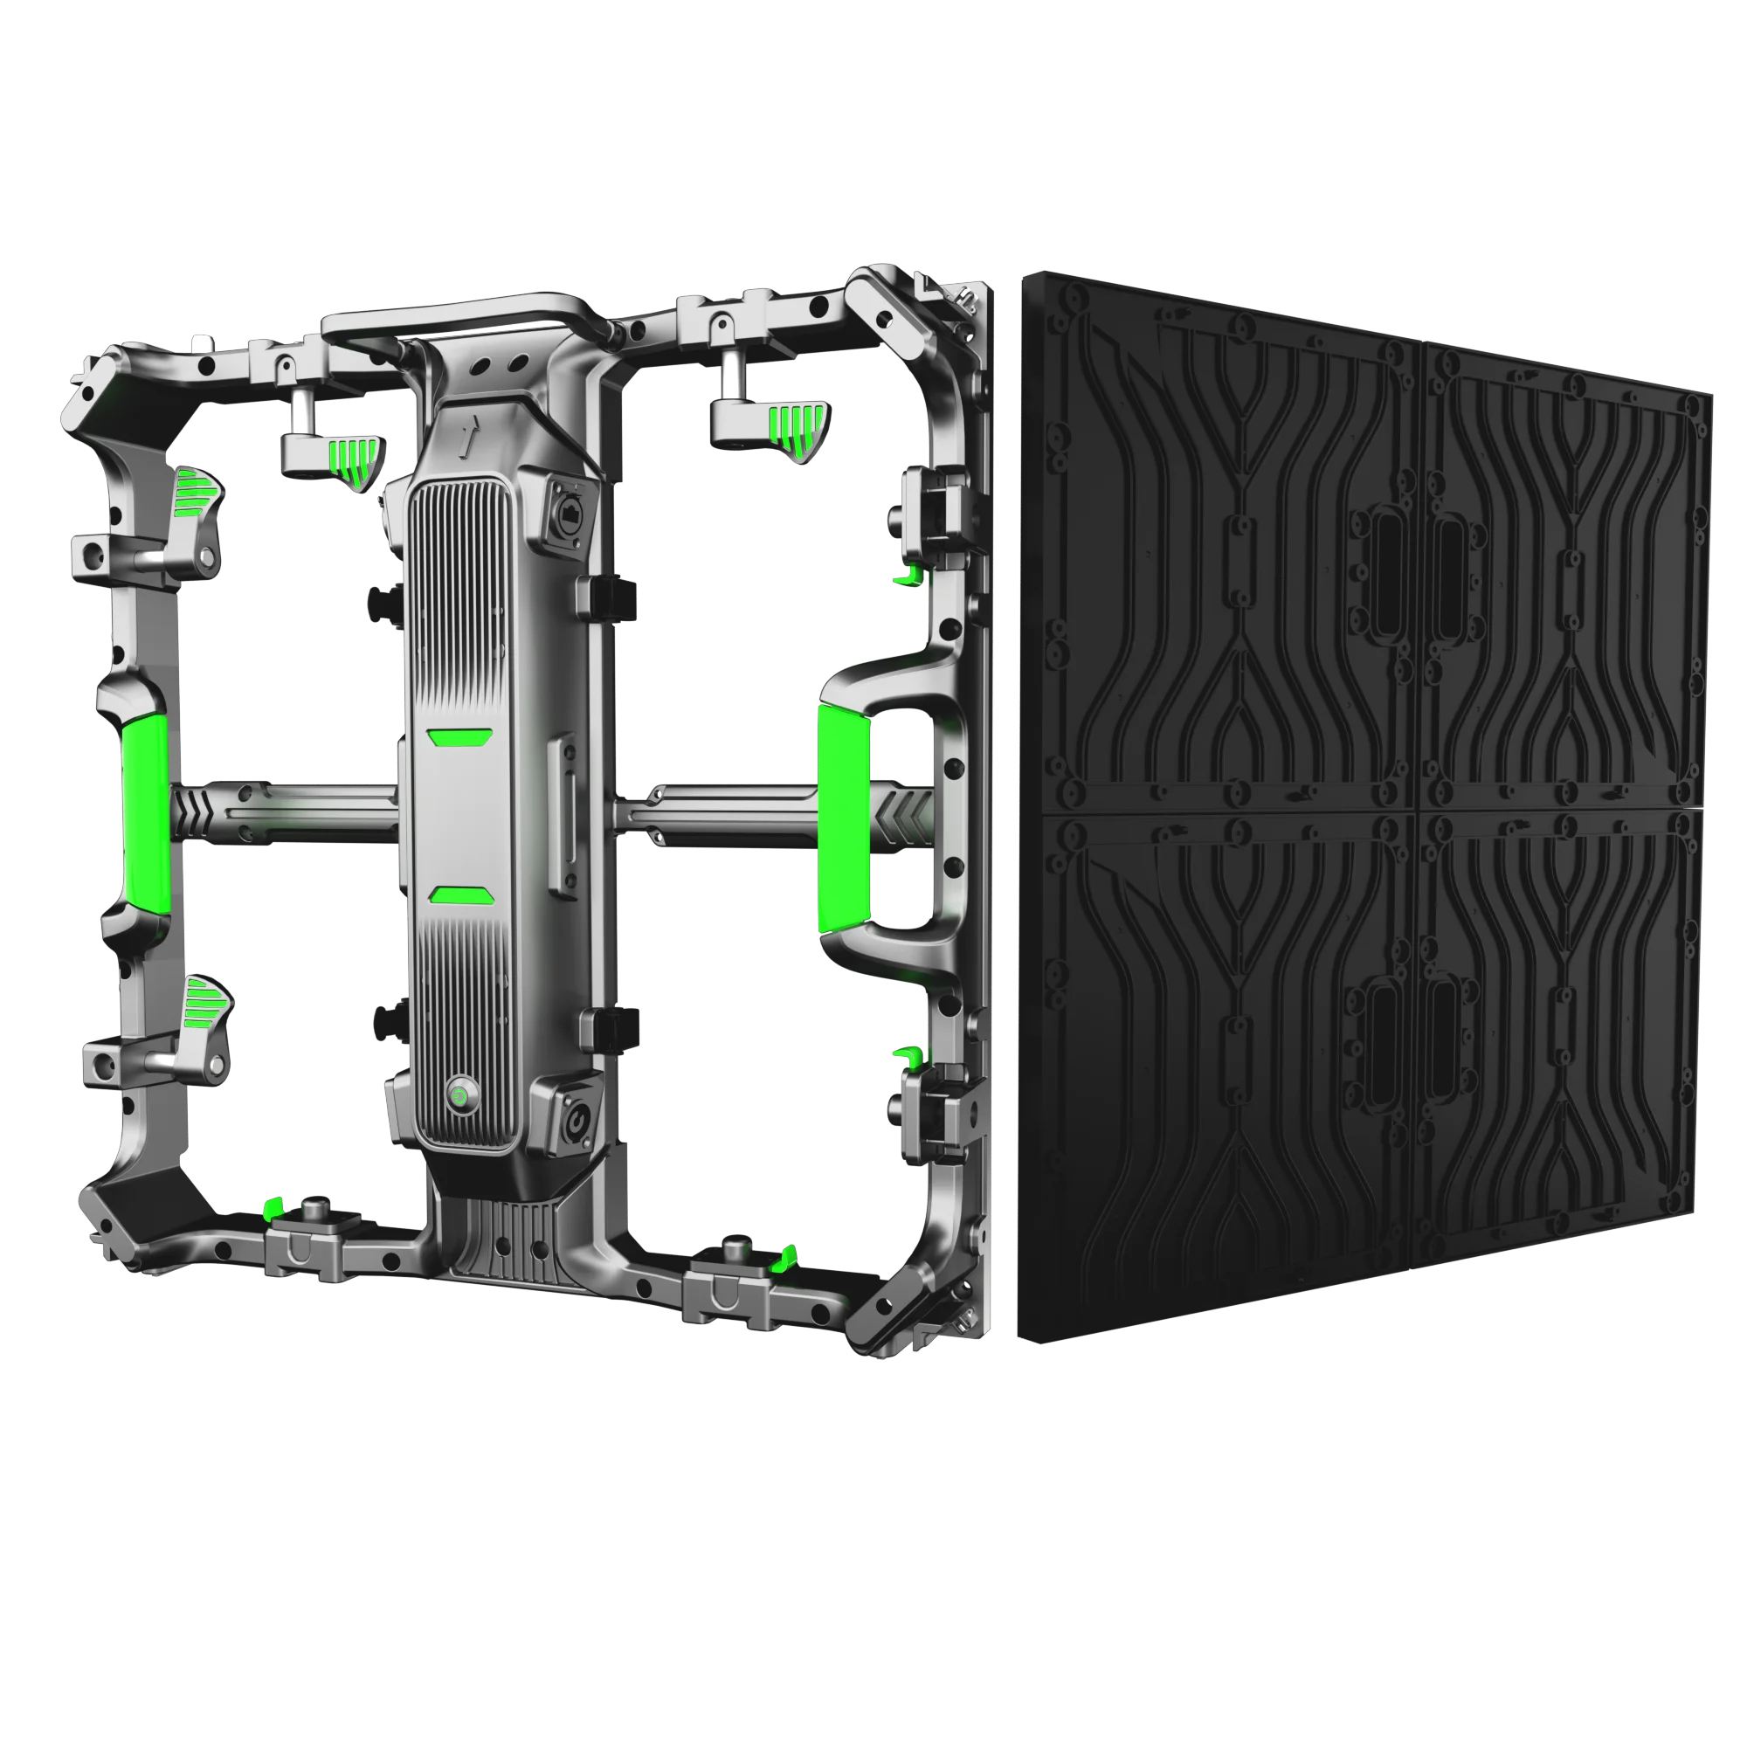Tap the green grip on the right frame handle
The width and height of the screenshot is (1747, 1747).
pyautogui.click(x=845, y=820)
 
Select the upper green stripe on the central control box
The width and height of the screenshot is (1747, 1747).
pyautogui.click(x=460, y=738)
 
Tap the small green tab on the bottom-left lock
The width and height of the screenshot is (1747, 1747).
pyautogui.click(x=274, y=1208)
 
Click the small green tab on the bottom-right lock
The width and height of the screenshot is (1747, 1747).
pyautogui.click(x=787, y=1256)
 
